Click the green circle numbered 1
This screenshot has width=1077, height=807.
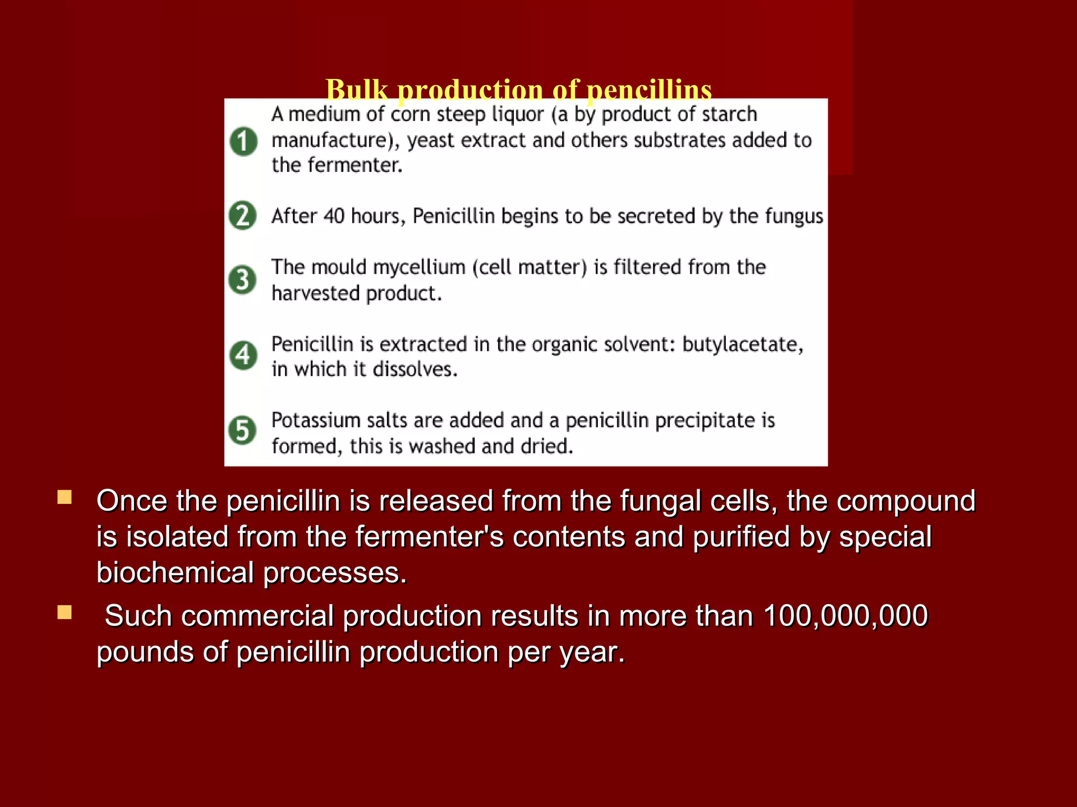pos(243,141)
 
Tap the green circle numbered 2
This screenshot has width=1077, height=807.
pos(242,215)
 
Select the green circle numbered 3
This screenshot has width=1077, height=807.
pos(242,279)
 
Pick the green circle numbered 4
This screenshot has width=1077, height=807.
pos(243,355)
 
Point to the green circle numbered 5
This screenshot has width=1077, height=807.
pos(242,430)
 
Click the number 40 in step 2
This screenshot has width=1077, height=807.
pos(334,216)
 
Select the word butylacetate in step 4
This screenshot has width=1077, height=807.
pos(743,345)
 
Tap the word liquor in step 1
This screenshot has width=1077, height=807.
pos(517,115)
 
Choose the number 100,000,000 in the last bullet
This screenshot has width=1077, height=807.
pos(845,616)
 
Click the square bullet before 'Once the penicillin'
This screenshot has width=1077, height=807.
pos(65,497)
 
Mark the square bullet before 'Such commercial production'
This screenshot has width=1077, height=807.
pos(65,613)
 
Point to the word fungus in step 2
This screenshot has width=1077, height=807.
pos(794,216)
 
